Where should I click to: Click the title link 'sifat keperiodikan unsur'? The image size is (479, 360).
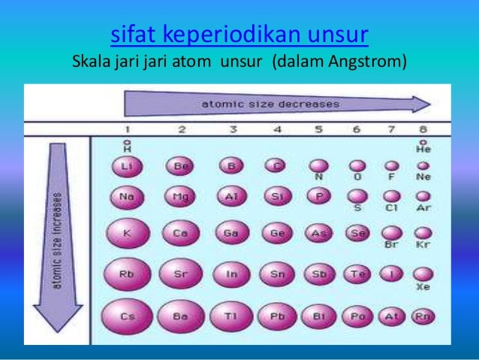tap(239, 35)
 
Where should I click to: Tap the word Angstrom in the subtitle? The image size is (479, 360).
tap(367, 60)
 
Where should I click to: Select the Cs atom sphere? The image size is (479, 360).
tap(127, 316)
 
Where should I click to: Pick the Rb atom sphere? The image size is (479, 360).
tap(127, 274)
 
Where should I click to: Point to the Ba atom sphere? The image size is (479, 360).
tap(180, 316)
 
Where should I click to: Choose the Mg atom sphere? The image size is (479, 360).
tap(180, 198)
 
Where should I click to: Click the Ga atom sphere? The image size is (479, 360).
tap(231, 233)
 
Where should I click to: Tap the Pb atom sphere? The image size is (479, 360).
tap(277, 316)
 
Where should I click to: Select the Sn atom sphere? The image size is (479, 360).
tap(277, 274)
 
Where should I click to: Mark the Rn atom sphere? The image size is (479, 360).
tap(423, 316)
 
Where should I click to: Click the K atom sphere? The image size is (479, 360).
tap(127, 233)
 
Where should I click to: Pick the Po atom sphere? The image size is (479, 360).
tap(357, 316)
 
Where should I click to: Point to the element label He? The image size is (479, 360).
tap(423, 150)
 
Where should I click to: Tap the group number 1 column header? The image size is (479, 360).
tap(127, 129)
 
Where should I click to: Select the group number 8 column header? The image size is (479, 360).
tap(423, 129)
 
